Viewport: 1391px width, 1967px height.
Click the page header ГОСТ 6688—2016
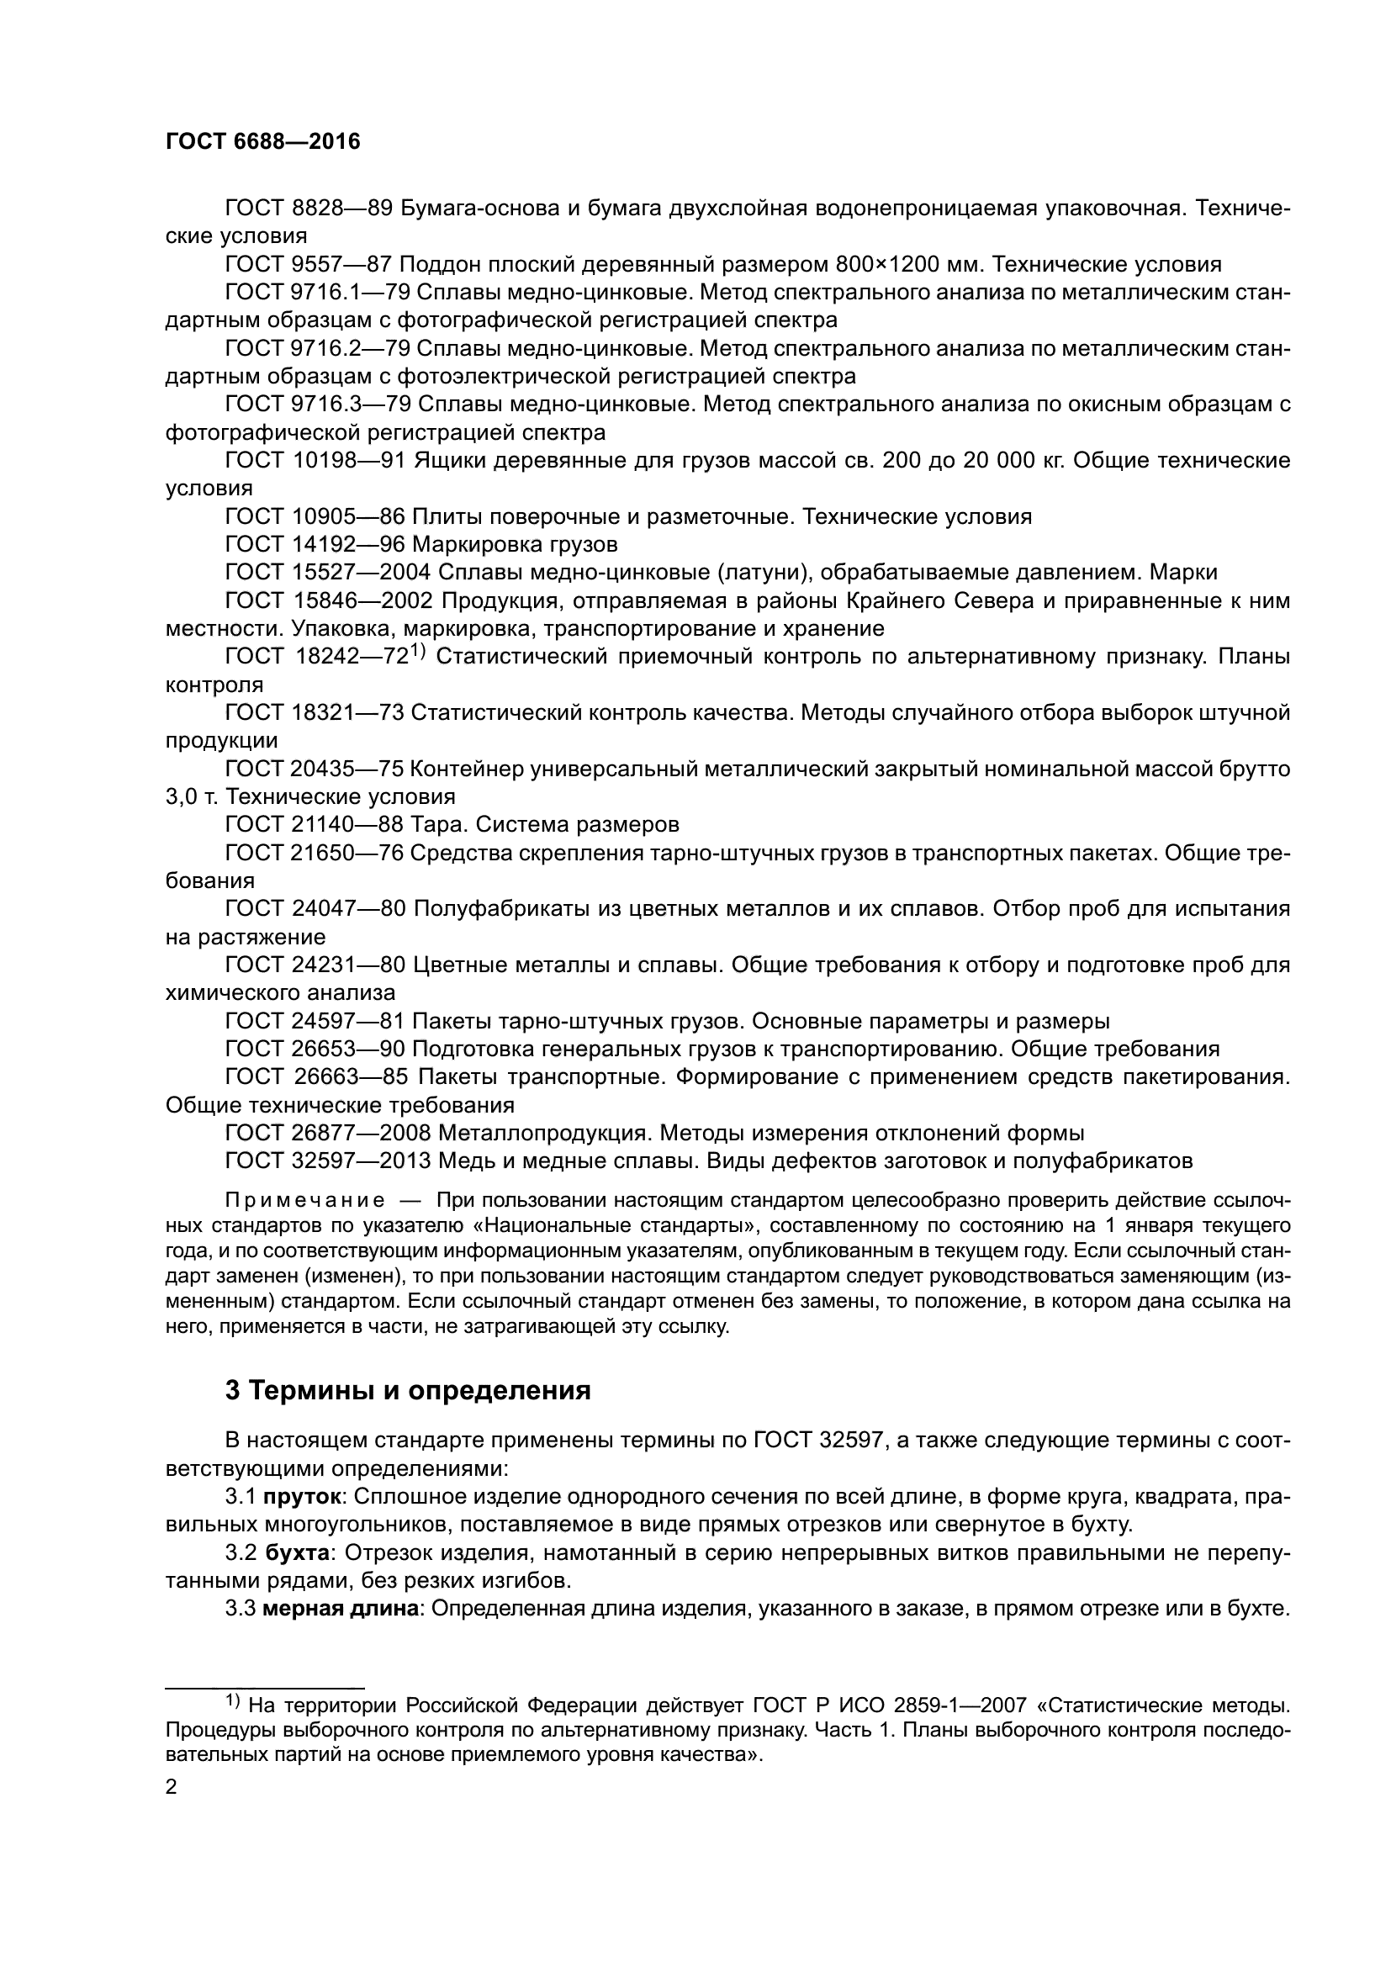click(263, 142)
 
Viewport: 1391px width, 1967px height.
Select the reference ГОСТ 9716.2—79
click(316, 348)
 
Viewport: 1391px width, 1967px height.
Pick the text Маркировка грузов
click(514, 544)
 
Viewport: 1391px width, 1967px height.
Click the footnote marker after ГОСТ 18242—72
click(417, 650)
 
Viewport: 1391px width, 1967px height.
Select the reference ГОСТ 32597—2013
click(328, 1161)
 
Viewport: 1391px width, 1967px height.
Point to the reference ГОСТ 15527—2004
click(328, 573)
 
